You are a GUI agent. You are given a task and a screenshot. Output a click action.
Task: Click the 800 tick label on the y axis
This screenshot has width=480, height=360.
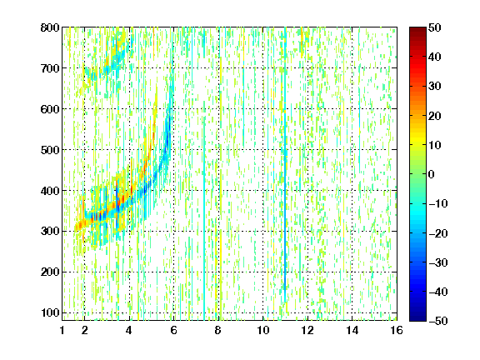pos(50,27)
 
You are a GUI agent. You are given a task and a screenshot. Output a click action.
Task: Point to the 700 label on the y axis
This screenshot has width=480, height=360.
pos(50,68)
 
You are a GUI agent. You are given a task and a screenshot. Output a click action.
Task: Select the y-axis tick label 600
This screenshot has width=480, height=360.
pos(50,109)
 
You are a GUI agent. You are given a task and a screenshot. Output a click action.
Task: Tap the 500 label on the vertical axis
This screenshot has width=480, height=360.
pos(50,150)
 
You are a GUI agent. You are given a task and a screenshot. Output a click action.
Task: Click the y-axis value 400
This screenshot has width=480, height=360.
pos(50,191)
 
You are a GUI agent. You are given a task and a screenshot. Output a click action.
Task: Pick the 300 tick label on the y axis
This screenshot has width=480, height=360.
pos(50,232)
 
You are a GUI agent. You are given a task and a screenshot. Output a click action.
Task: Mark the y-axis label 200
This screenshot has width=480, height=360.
pos(50,272)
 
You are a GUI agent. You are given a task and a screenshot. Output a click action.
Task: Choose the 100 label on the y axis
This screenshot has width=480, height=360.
pos(50,312)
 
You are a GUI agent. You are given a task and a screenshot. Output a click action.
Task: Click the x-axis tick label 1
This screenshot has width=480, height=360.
pos(62,330)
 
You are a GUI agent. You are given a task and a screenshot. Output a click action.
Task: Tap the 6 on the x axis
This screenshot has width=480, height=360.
pos(173,330)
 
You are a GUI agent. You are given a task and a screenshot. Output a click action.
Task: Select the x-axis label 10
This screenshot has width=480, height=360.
pos(263,330)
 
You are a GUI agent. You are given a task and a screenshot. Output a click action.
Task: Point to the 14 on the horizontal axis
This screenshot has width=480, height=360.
pos(352,330)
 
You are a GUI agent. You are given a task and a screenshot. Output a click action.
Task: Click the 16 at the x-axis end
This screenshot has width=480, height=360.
pos(397,330)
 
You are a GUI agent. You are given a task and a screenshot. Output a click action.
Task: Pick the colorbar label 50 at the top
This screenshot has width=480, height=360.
pos(435,27)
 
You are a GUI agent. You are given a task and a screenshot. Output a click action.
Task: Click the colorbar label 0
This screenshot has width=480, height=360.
pos(432,174)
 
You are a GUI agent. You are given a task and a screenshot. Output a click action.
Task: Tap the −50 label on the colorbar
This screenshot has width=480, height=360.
pos(438,321)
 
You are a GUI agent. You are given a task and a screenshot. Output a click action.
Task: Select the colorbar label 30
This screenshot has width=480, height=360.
pos(435,87)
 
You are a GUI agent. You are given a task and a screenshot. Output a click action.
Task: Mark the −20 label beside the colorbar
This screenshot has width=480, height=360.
pos(438,233)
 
